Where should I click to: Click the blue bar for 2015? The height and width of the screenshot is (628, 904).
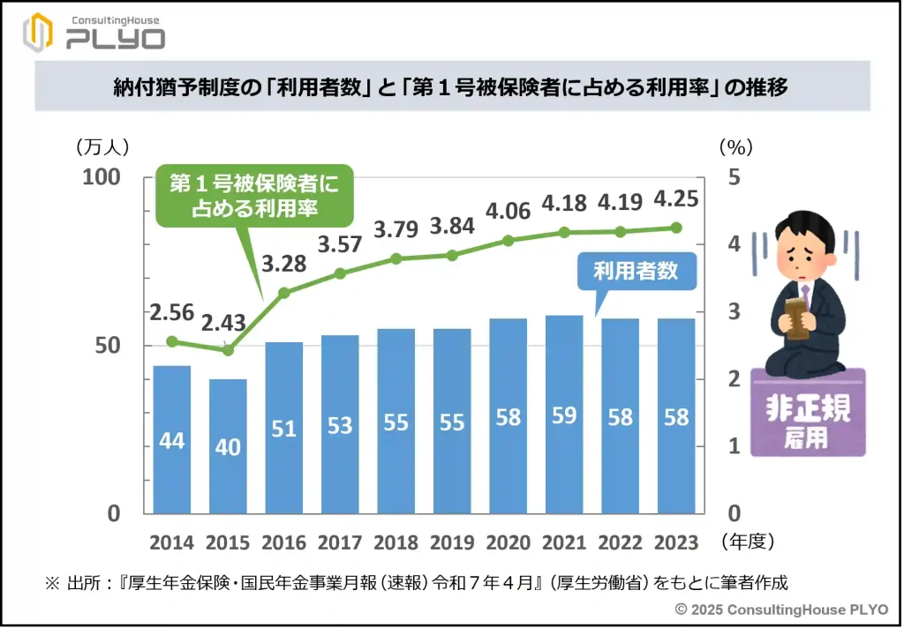[228, 446]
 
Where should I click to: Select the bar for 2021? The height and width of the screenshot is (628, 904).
[564, 415]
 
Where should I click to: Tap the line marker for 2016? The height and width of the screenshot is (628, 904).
[284, 293]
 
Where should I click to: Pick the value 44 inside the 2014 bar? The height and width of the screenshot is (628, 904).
[172, 439]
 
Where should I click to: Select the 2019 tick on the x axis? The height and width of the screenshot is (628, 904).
[452, 542]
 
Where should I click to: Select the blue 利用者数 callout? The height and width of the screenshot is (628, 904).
[636, 271]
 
